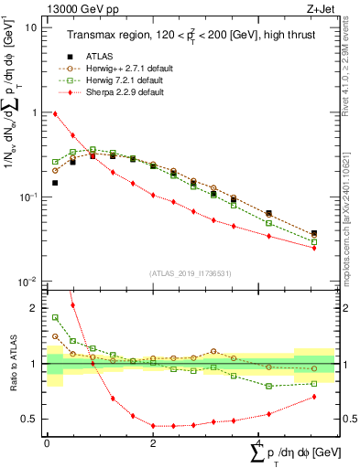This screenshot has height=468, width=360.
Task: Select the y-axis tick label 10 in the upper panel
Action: click(29, 27)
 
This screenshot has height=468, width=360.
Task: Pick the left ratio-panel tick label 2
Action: click(33, 308)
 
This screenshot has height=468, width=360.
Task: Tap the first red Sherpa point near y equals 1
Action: click(55, 114)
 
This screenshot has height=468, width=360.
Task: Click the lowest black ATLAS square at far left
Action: click(55, 183)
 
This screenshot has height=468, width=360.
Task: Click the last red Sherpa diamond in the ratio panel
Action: click(314, 397)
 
